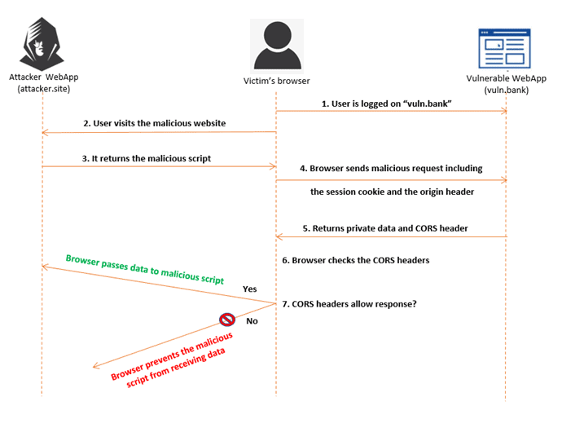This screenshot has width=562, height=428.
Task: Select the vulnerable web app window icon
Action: [x=506, y=48]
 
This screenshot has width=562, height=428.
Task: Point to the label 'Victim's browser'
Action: [x=277, y=81]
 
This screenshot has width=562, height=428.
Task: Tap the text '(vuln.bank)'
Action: [x=506, y=90]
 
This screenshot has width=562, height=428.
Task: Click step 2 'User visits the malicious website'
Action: [x=154, y=123]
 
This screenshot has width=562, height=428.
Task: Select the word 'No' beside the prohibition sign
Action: [x=252, y=321]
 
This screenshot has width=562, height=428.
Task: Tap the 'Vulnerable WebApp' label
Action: [x=507, y=79]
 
